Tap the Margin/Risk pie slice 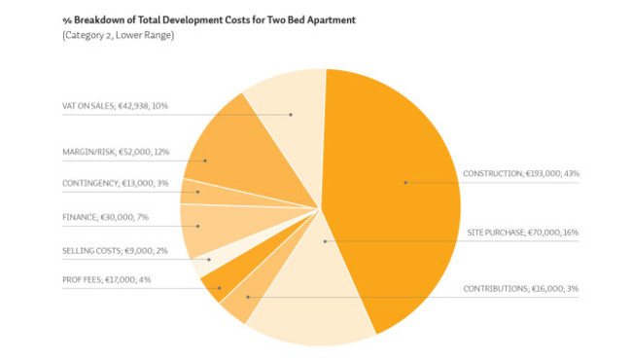coord(224,156)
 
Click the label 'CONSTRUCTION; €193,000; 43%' coord(521,174)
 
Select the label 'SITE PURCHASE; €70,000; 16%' coord(523,233)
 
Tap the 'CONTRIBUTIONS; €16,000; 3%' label coord(520,289)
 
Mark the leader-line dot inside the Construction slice coord(405,182)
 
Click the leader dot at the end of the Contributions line coord(248,297)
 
